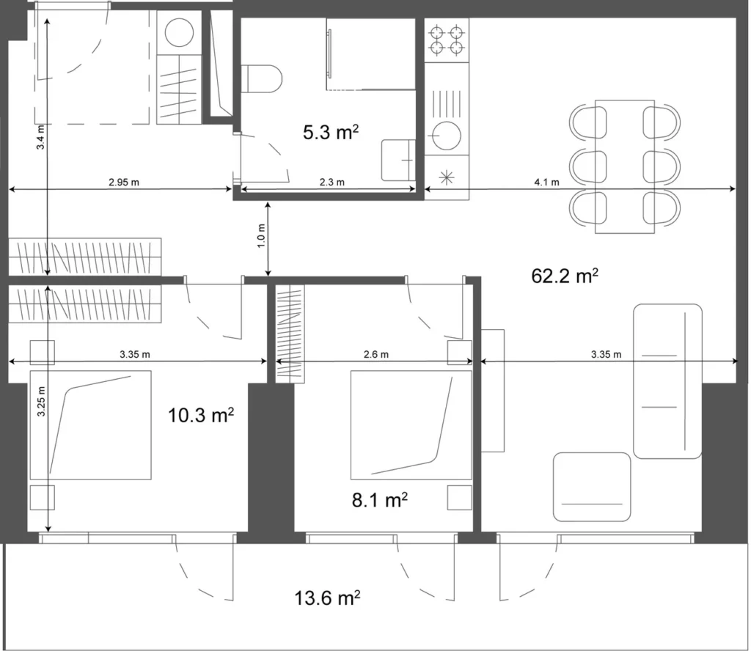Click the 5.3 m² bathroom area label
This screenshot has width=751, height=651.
[331, 132]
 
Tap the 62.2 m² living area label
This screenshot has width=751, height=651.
[564, 276]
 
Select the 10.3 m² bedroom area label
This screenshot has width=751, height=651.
[201, 416]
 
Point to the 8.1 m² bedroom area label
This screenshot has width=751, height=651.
[379, 501]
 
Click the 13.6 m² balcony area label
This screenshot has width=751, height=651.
[327, 597]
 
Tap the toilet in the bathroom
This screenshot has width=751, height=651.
[263, 78]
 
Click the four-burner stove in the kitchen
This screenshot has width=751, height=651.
[447, 40]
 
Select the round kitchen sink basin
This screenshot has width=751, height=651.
[447, 135]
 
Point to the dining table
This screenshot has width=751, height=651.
[625, 166]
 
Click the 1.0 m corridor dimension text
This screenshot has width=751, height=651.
[261, 237]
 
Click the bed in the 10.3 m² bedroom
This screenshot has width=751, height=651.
[90, 425]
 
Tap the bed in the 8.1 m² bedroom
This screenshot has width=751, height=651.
[411, 424]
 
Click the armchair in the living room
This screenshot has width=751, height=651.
[592, 487]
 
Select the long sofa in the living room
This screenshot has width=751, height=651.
[667, 380]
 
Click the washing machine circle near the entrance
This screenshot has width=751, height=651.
[179, 33]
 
